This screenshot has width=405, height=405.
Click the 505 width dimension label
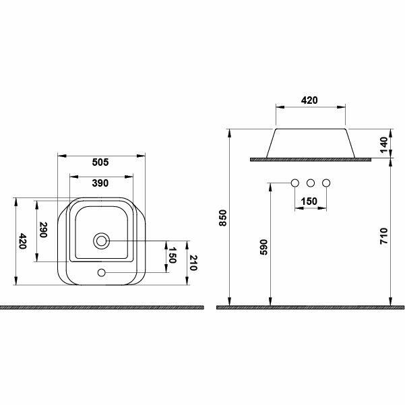coord(100,162)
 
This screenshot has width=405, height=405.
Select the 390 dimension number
coord(100,183)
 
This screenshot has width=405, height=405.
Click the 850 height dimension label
coord(223,218)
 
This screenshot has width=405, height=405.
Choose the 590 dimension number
coord(263,247)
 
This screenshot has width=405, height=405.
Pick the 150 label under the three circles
coord(309,201)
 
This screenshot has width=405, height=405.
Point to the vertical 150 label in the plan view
coord(172,256)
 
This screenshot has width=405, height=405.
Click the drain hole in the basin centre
coord(101,241)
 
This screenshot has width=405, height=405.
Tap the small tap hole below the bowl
coord(101,272)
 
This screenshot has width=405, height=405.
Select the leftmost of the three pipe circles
coord(294,183)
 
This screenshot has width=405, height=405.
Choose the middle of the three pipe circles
coord(311,183)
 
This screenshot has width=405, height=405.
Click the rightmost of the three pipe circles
coord(327,183)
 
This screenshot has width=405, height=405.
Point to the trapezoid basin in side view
coord(310,142)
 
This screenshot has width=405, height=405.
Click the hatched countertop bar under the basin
coord(310,160)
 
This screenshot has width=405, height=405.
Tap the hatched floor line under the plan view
coord(101,307)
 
